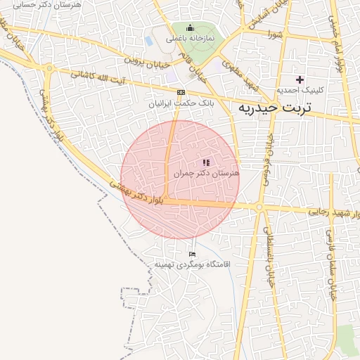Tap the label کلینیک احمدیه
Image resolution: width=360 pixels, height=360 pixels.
299,90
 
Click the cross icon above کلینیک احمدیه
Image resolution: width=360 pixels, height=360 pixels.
300,79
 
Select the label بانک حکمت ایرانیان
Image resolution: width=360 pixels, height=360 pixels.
180,103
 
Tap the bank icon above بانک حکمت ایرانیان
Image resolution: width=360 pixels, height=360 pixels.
181,92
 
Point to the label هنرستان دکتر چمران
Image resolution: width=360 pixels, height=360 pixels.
206,172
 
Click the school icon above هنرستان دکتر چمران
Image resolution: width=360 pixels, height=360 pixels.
206,162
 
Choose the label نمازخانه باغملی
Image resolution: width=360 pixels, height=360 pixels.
191,39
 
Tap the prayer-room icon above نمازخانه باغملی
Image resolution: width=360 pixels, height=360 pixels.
190,27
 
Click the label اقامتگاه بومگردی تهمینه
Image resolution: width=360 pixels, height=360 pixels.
193,264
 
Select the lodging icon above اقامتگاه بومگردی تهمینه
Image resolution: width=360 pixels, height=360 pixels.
193,254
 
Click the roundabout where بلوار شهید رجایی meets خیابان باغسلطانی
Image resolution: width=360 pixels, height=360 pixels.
259,207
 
